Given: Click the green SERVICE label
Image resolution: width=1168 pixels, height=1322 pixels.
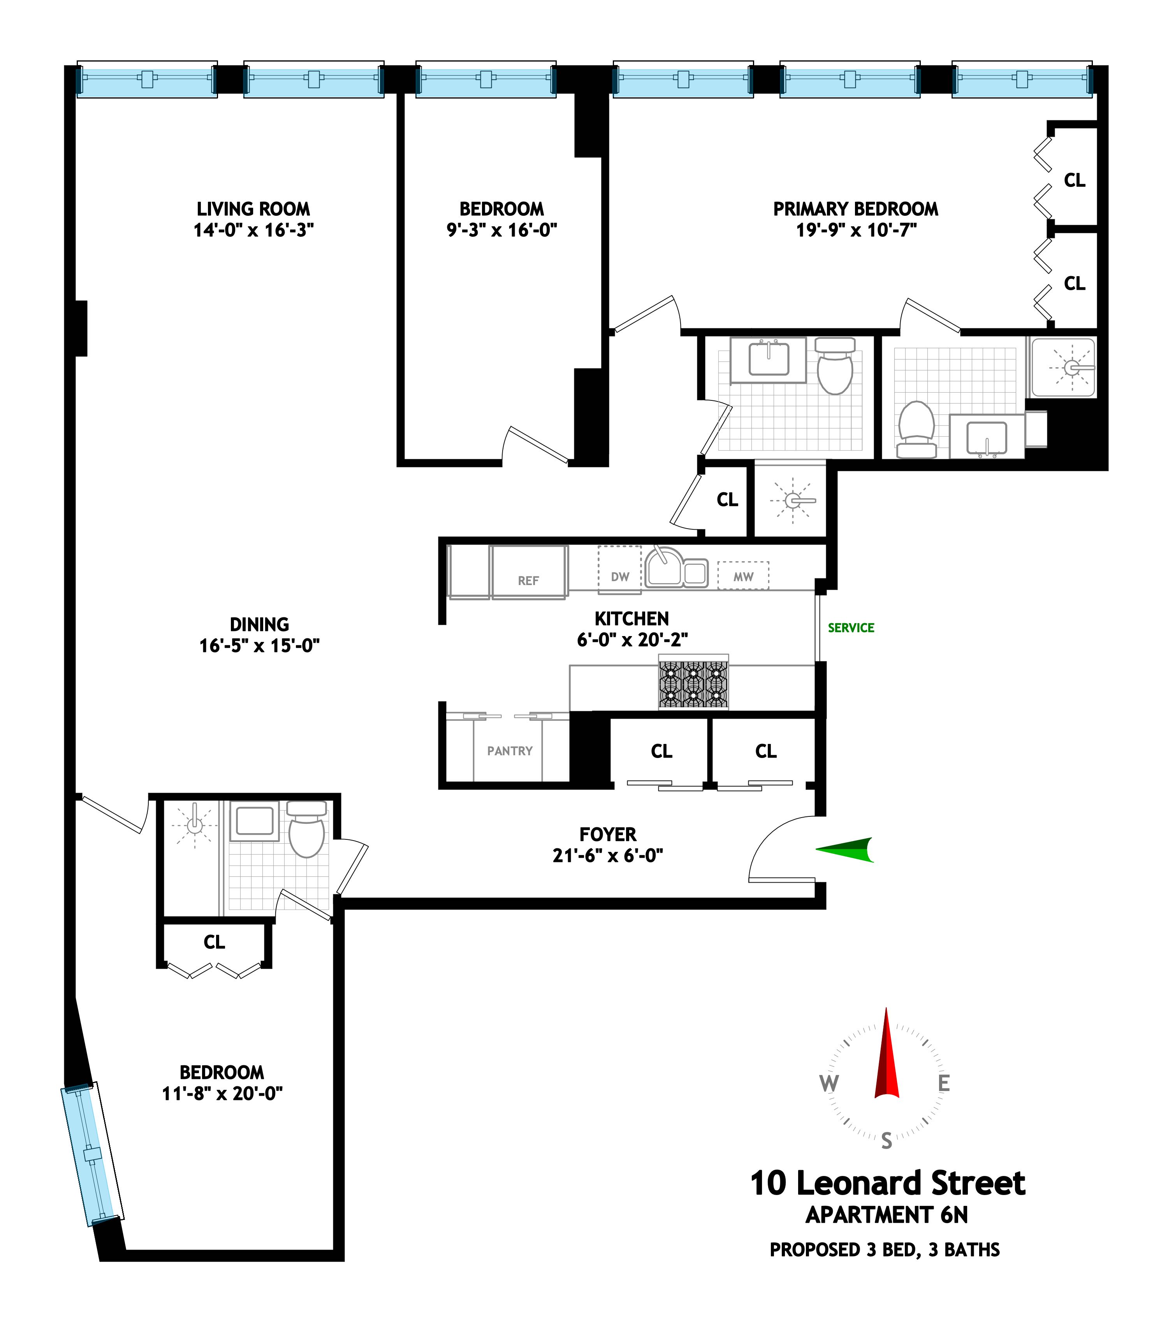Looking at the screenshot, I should pyautogui.click(x=851, y=628).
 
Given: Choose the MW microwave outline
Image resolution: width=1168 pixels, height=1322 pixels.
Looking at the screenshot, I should pyautogui.click(x=743, y=576).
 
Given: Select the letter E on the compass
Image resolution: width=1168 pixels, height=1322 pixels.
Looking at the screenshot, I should pyautogui.click(x=944, y=1083).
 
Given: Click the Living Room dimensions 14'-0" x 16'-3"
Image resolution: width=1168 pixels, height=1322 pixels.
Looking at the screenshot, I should pyautogui.click(x=253, y=230).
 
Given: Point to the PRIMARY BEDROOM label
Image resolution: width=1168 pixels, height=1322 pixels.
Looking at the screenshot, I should pyautogui.click(x=855, y=209).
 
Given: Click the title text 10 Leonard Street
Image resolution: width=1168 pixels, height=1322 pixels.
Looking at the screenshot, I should pyautogui.click(x=887, y=1184).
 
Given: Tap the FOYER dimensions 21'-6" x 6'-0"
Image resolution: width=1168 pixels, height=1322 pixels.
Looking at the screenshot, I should pyautogui.click(x=608, y=856).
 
